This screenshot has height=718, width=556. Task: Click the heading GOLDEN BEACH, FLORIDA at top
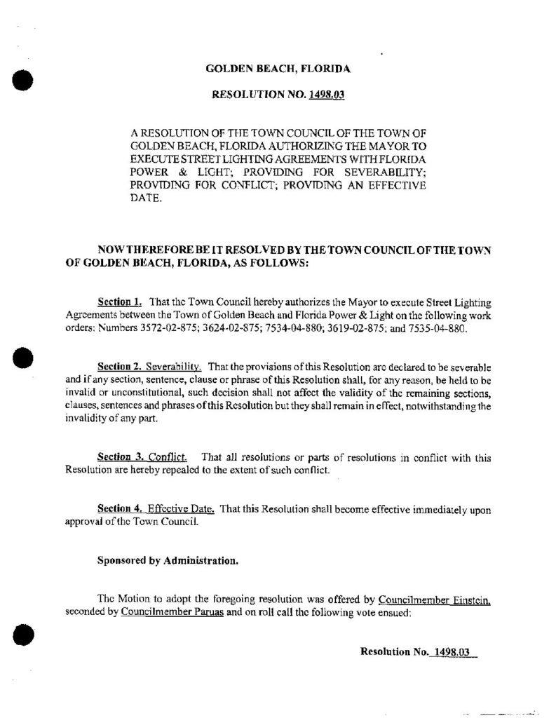coord(278,69)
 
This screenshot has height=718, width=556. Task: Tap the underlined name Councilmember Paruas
coord(165,611)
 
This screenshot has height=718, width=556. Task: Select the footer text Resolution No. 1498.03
coord(417,651)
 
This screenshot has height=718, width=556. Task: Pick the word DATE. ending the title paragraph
coord(147,198)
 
